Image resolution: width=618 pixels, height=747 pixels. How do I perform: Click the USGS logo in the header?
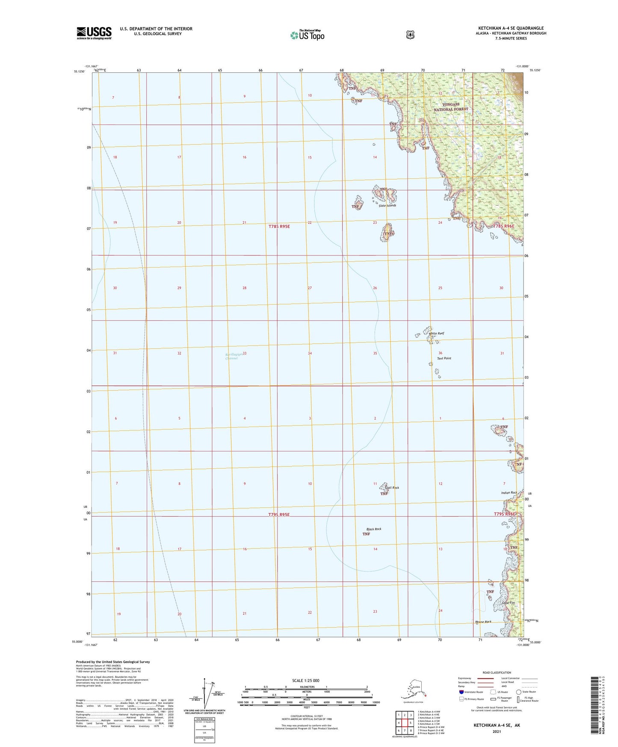coord(94,33)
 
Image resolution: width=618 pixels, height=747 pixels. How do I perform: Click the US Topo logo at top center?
coord(307,35)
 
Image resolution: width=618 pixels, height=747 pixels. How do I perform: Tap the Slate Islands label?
coord(387,206)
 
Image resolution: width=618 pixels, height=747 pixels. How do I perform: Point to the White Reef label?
coord(437,333)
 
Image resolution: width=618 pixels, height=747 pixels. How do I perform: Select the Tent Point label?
coord(444,358)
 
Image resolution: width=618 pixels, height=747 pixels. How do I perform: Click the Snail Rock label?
coord(392,488)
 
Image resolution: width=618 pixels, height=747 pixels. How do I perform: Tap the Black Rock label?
coord(374,529)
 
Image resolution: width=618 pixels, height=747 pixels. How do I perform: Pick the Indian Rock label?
coord(509,493)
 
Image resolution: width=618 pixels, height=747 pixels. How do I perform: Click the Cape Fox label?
coord(509,603)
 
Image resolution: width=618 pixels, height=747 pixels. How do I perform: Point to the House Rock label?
coord(483,622)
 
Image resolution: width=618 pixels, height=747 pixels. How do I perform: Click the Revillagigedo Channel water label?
coord(231,356)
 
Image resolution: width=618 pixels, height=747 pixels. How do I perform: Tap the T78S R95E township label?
coord(279,226)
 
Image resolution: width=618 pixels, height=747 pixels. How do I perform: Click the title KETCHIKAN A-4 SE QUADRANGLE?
coord(511,28)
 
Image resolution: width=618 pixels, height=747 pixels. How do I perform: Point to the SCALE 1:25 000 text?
coord(305,680)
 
